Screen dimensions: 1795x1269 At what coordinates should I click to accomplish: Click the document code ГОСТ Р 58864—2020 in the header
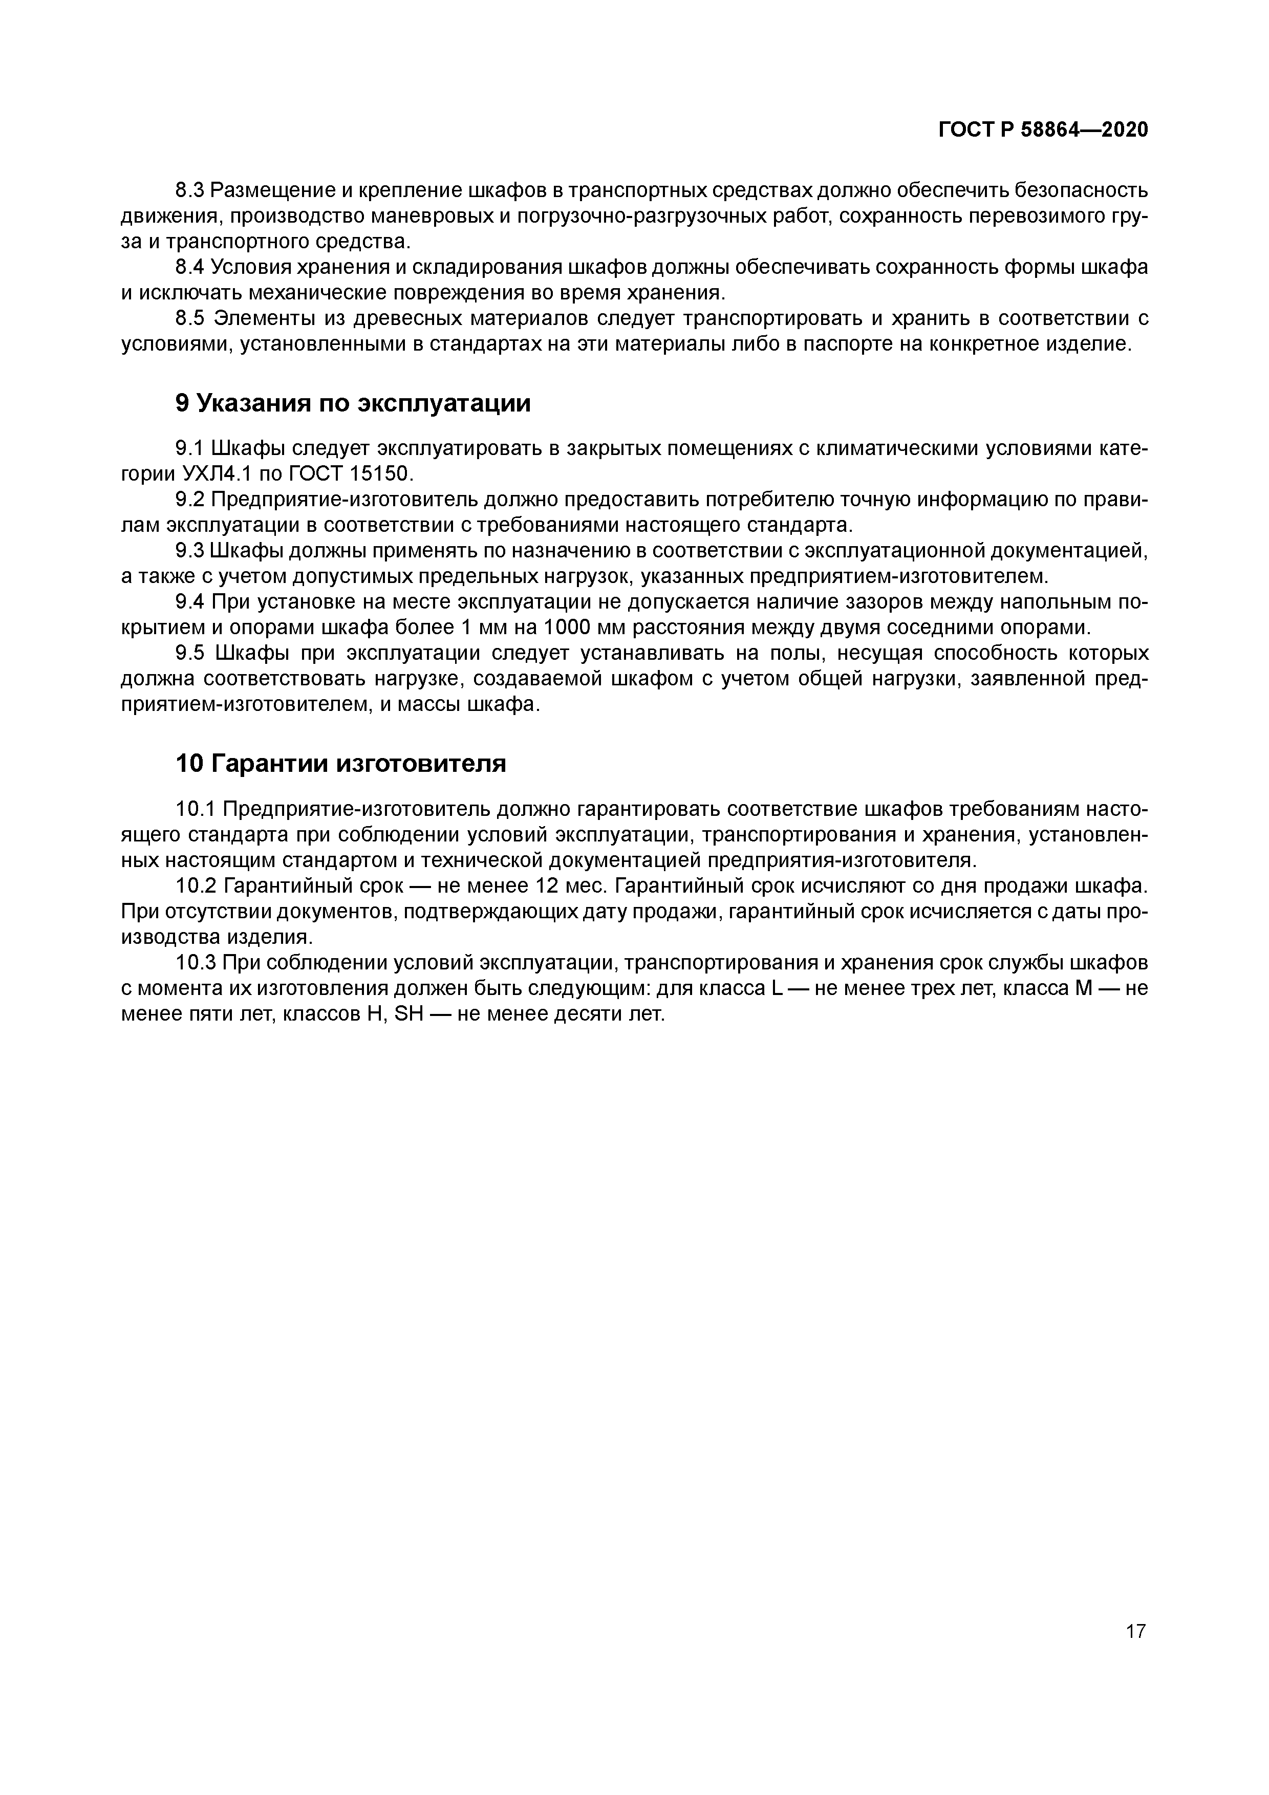[1043, 130]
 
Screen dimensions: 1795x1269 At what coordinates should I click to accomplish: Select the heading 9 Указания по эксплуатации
[353, 403]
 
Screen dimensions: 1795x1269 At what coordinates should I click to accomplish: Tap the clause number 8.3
[189, 190]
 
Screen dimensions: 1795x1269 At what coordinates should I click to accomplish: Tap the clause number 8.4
[189, 267]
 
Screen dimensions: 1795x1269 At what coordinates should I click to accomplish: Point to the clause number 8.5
[189, 318]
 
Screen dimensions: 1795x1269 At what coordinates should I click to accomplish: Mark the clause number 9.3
[189, 551]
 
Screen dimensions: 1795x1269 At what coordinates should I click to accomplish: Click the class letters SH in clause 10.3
[410, 1015]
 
